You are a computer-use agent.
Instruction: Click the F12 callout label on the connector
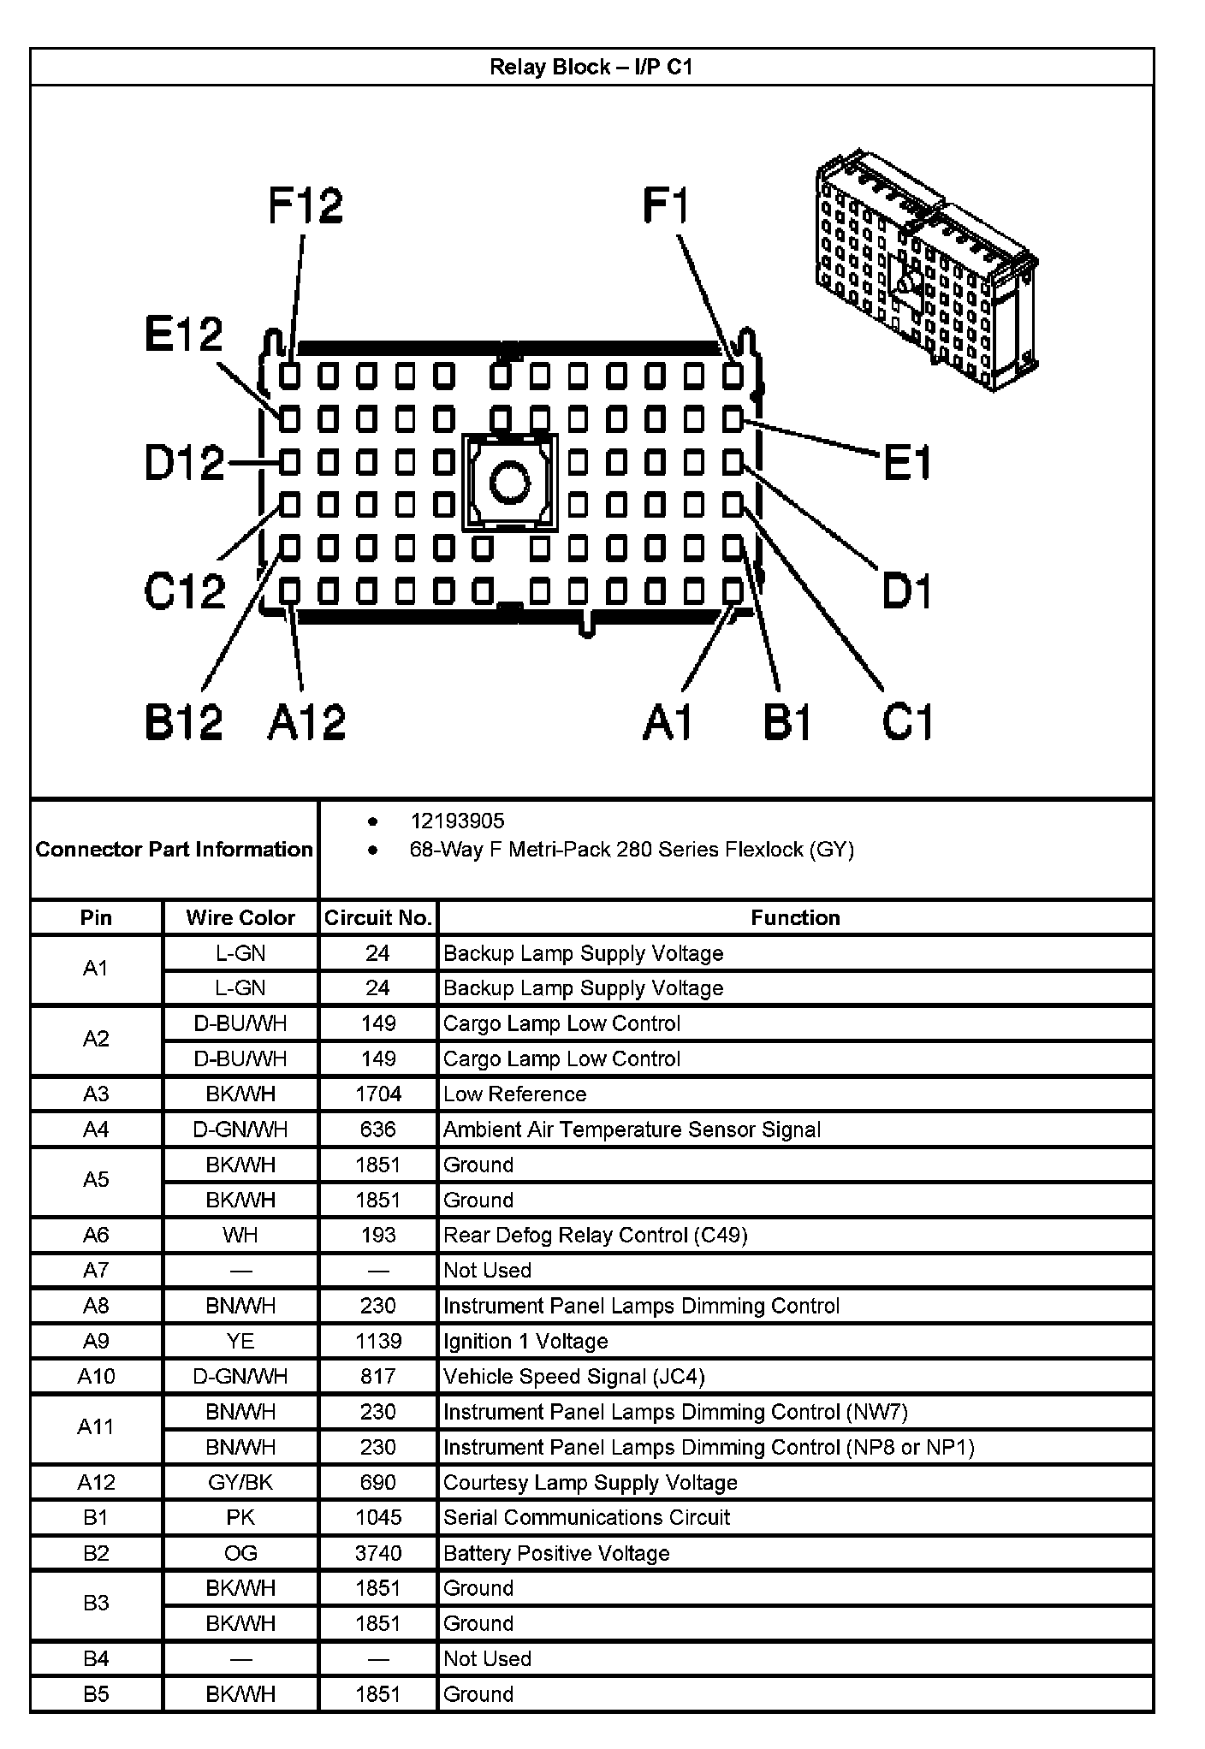[x=306, y=205]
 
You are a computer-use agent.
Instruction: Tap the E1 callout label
[x=906, y=463]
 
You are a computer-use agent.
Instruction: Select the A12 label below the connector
[x=306, y=721]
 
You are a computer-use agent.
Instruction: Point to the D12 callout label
[x=184, y=463]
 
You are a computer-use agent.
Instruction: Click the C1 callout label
[x=907, y=721]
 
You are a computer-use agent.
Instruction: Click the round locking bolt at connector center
[x=509, y=483]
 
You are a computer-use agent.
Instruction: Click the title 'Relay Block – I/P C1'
[x=591, y=67]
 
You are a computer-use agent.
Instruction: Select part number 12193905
[x=457, y=821]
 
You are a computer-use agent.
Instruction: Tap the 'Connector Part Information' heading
[x=174, y=850]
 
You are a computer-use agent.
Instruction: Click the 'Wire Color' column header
[x=240, y=918]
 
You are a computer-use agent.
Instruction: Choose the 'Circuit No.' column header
[x=377, y=918]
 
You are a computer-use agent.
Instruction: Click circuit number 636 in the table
[x=377, y=1129]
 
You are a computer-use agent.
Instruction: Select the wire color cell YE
[x=240, y=1341]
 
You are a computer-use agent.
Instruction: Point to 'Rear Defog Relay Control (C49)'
[x=595, y=1236]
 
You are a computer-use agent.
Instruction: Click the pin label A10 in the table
[x=96, y=1376]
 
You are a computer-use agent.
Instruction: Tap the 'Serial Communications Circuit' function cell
[x=586, y=1517]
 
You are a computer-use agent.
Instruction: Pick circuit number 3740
[x=377, y=1553]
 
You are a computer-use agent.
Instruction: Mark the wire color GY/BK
[x=240, y=1482]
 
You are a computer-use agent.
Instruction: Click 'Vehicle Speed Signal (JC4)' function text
[x=573, y=1376]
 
